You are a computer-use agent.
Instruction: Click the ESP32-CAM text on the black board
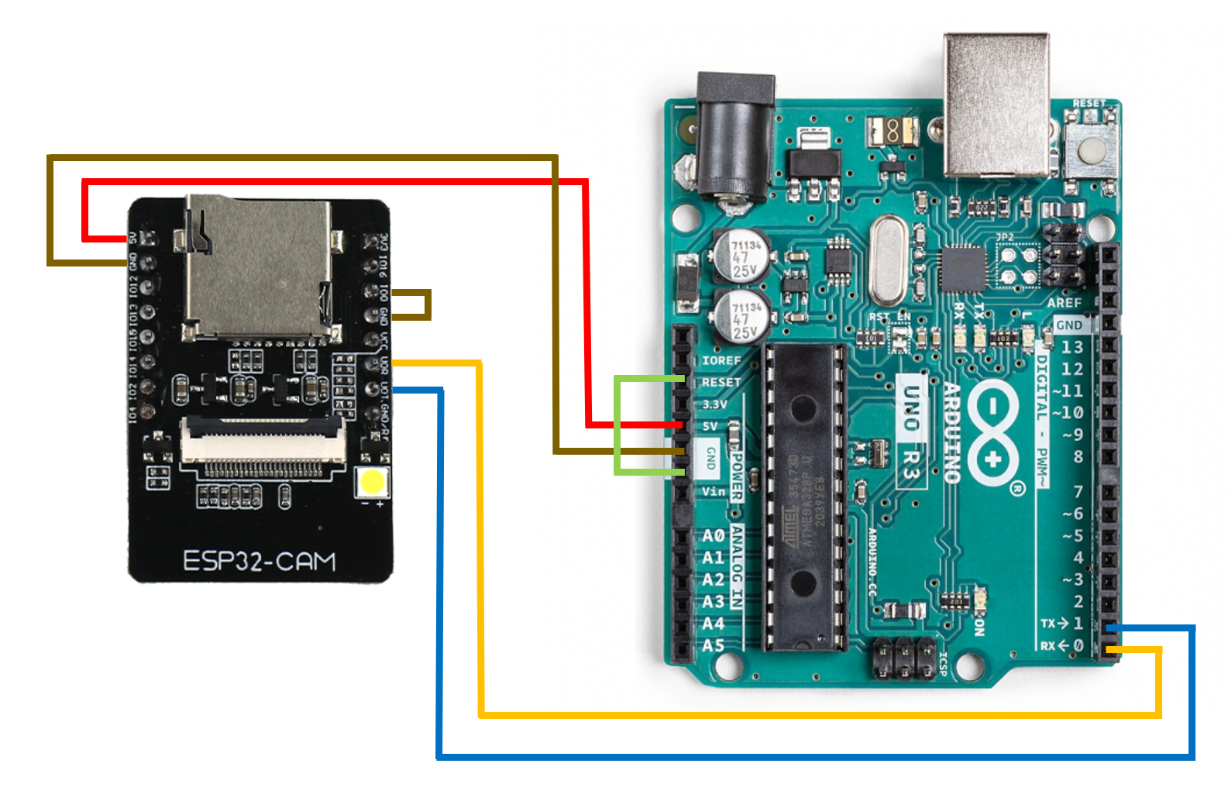pyautogui.click(x=260, y=560)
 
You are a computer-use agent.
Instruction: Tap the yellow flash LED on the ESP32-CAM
pyautogui.click(x=372, y=482)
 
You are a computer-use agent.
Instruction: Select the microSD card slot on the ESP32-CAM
pyautogui.click(x=257, y=268)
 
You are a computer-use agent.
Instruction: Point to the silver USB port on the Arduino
pyautogui.click(x=996, y=104)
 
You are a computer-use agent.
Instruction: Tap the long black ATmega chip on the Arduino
pyautogui.click(x=802, y=495)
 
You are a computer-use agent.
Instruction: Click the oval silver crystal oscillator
pyautogui.click(x=887, y=260)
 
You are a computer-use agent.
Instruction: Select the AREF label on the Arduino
pyautogui.click(x=1065, y=302)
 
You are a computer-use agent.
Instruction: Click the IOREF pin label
pyautogui.click(x=721, y=360)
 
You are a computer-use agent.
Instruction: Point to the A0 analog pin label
pyautogui.click(x=713, y=535)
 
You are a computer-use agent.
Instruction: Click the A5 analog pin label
pyautogui.click(x=713, y=645)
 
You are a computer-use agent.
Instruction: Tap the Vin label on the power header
pyautogui.click(x=714, y=491)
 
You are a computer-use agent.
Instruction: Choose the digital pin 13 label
pyautogui.click(x=1071, y=346)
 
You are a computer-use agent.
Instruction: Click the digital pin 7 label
pyautogui.click(x=1078, y=491)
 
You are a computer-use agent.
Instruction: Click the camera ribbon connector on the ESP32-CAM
pyautogui.click(x=262, y=445)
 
